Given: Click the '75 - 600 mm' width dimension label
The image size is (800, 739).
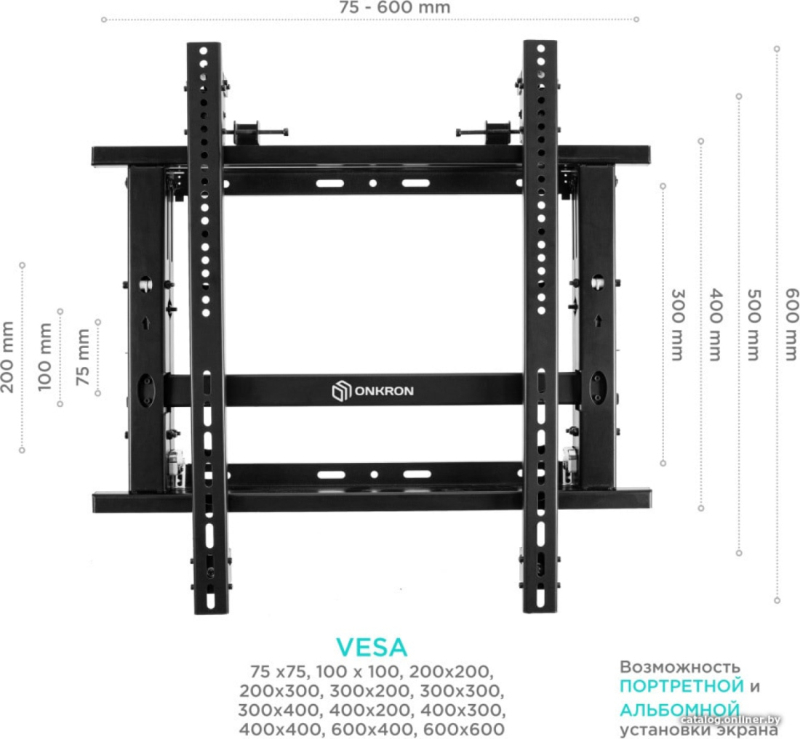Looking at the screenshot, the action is click(x=395, y=8).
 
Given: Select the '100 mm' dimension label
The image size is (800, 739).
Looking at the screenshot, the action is click(x=45, y=357).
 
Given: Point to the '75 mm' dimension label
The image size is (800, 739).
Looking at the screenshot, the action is click(x=83, y=357).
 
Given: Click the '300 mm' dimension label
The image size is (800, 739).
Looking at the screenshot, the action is click(x=676, y=325).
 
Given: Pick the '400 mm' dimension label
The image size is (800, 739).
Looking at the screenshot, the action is click(x=716, y=325).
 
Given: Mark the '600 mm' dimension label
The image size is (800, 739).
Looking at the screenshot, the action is click(x=791, y=325).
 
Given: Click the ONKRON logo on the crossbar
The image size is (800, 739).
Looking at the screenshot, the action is click(x=372, y=392).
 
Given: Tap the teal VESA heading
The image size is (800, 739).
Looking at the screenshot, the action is click(x=372, y=647).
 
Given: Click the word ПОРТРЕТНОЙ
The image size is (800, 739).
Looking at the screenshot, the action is click(x=681, y=686).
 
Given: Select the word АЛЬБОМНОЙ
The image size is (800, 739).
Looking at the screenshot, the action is click(x=679, y=709).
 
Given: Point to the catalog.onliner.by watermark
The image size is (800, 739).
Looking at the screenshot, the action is click(x=731, y=719).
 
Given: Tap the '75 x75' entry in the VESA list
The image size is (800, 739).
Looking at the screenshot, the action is click(x=279, y=671).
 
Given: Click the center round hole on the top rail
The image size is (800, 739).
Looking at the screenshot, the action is click(x=373, y=183).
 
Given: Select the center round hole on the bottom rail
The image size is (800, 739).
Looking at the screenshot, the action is click(x=374, y=475).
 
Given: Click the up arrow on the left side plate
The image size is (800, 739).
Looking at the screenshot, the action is click(x=146, y=323).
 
